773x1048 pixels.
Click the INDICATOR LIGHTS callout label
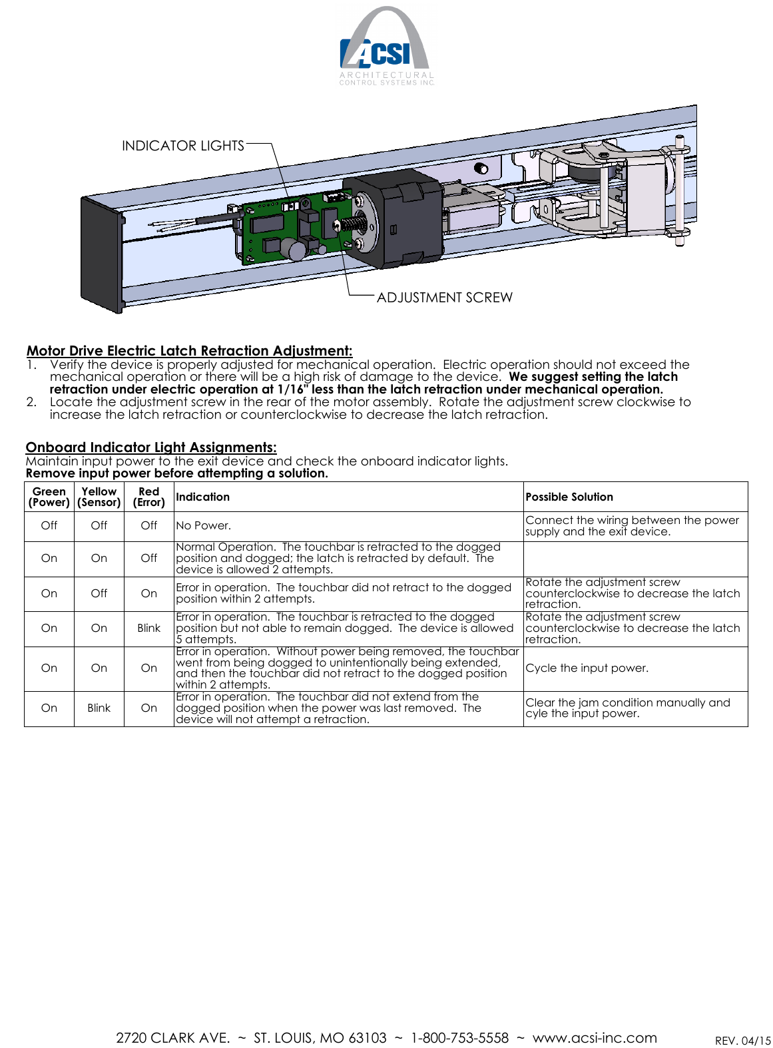point(182,146)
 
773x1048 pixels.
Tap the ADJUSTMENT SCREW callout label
point(444,298)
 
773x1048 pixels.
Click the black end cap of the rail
point(101,253)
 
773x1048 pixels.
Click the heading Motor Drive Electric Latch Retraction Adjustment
point(189,351)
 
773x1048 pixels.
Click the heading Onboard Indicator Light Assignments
point(151,447)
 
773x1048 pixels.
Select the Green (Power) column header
point(49,497)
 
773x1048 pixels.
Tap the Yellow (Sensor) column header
point(99,497)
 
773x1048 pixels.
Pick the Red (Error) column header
point(148,497)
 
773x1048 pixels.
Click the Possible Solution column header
point(569,497)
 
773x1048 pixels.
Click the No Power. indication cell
point(204,525)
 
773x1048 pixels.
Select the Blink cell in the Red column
point(148,628)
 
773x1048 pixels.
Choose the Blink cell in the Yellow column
point(99,708)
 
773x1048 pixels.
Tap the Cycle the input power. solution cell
point(587,668)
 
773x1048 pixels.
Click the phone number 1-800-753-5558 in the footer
point(459,1037)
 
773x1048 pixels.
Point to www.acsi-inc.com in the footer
point(595,1037)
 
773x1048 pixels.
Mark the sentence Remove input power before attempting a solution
point(177,473)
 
